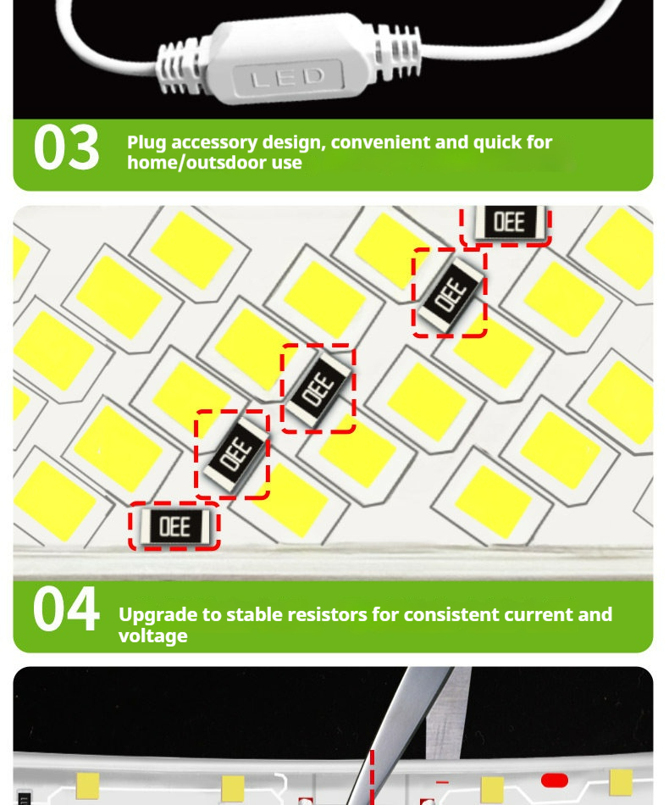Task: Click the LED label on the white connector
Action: (288, 78)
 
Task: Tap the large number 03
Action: (66, 147)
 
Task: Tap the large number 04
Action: (66, 609)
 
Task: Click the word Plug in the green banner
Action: (147, 143)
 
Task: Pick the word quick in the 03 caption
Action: (497, 143)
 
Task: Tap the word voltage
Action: (153, 636)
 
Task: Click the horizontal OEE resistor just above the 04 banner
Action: (174, 527)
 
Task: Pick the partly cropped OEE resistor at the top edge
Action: (509, 222)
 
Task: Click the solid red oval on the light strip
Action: (555, 780)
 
